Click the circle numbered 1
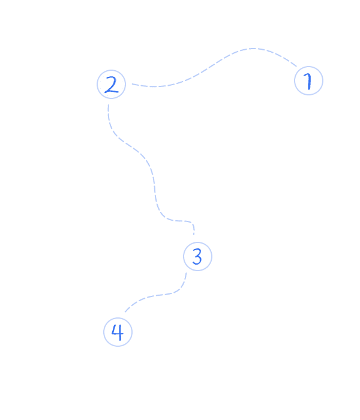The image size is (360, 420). [x=308, y=80]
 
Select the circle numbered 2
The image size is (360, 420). [x=111, y=85]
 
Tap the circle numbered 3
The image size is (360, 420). [x=197, y=256]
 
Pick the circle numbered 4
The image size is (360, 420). [x=118, y=332]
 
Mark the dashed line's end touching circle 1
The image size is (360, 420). [x=296, y=66]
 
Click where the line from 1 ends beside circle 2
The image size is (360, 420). [x=133, y=84]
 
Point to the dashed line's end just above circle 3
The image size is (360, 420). [x=194, y=235]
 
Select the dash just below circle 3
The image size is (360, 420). [x=186, y=276]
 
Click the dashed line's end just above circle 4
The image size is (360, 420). [x=125, y=312]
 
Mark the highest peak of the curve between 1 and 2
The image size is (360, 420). [x=253, y=49]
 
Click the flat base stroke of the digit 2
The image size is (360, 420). [x=112, y=92]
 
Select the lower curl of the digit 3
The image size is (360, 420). [x=197, y=260]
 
